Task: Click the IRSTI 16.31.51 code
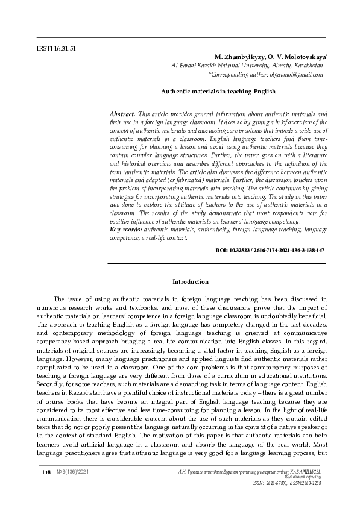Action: click(52, 47)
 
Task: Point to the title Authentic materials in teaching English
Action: click(217, 92)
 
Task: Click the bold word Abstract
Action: click(122, 114)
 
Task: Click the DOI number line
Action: click(270, 249)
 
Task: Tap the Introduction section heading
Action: click(191, 282)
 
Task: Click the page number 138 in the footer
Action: click(45, 471)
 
